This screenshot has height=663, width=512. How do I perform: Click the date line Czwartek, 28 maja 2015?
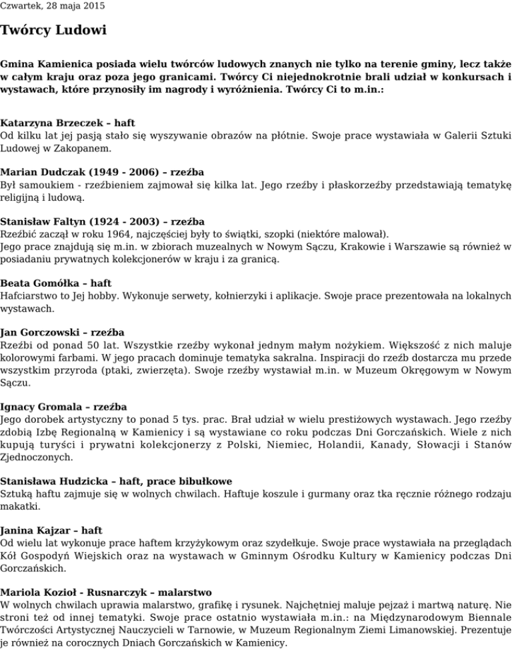point(52,7)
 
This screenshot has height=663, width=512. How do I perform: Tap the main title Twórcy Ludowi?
point(53,31)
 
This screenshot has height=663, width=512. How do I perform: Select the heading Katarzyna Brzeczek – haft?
point(68,123)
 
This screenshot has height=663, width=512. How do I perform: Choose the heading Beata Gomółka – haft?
point(56,283)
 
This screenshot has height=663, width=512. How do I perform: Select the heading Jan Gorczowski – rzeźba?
point(63,332)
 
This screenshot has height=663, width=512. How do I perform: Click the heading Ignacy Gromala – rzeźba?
point(64,407)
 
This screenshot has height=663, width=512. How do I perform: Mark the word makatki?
point(20,506)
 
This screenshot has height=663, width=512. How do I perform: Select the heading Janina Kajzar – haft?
point(51,531)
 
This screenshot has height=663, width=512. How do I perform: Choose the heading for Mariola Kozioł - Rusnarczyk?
point(106,592)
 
